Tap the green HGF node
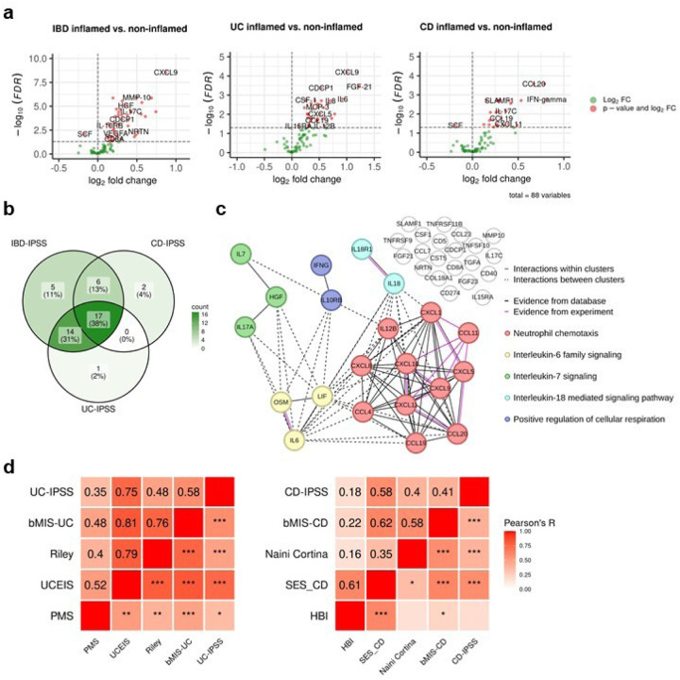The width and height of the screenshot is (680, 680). point(277,297)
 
